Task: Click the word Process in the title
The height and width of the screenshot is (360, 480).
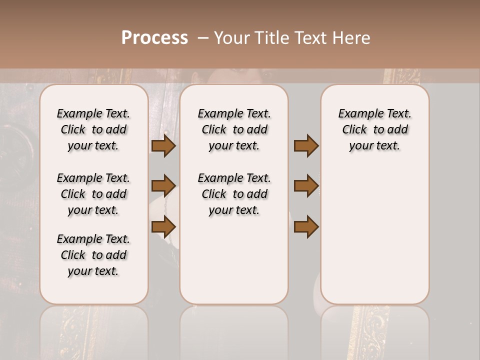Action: [154, 38]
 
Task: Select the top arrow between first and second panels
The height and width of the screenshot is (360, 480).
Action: [163, 146]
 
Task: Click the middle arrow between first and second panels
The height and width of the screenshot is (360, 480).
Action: [163, 186]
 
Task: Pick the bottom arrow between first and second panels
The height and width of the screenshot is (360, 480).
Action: [163, 226]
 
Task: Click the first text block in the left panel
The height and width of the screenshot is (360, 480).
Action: [93, 129]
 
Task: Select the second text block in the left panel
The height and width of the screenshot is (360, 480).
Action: [93, 194]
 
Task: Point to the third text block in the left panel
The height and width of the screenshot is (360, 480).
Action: [93, 255]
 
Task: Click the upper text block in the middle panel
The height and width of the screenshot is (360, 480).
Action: [234, 129]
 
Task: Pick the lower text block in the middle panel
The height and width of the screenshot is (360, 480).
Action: [234, 194]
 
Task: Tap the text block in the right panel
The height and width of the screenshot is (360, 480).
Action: [375, 129]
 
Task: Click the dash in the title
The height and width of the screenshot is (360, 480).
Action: [202, 38]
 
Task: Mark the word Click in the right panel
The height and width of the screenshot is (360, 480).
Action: [354, 130]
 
